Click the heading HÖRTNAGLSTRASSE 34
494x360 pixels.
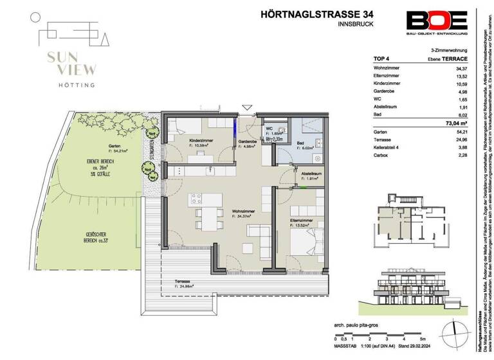point(308,14)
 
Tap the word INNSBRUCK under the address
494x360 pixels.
point(356,24)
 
